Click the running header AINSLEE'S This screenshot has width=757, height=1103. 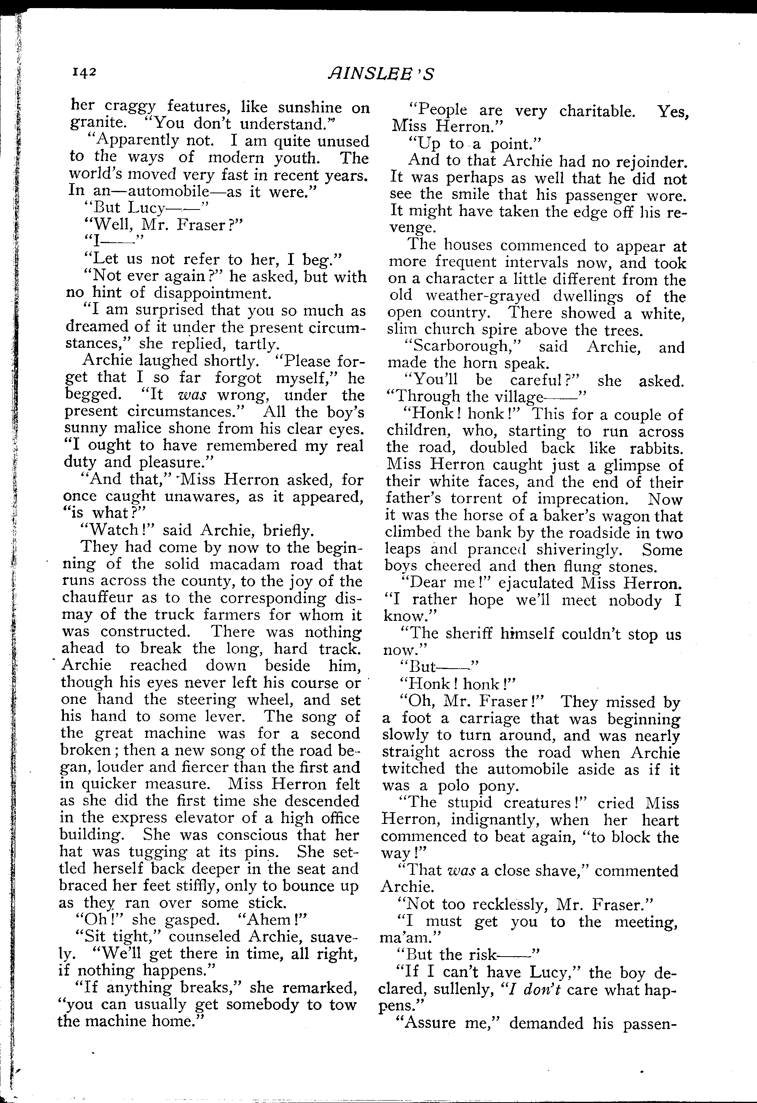380,74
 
